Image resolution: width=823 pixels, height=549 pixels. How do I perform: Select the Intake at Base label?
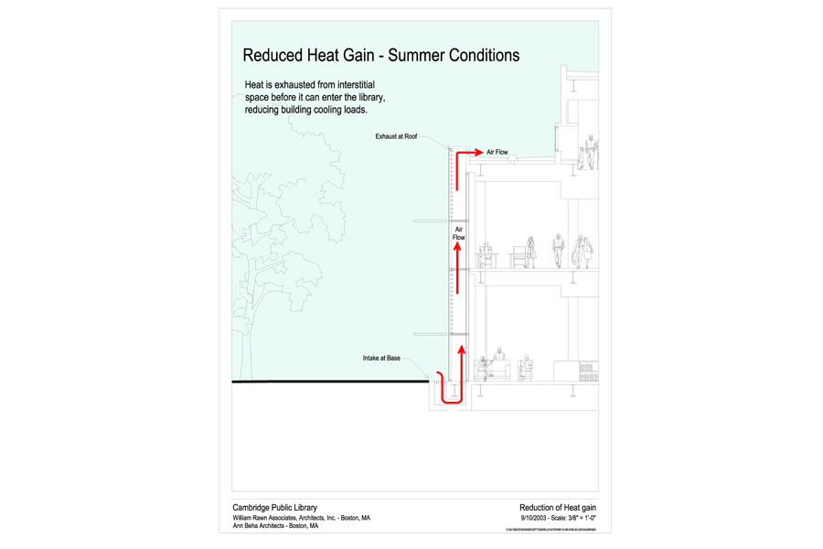pyautogui.click(x=380, y=359)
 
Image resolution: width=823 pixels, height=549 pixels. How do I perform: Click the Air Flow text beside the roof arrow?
pyautogui.click(x=497, y=152)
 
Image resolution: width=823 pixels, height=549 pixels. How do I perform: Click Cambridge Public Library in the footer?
pyautogui.click(x=273, y=507)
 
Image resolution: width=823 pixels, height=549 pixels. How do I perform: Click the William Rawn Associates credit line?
pyautogui.click(x=301, y=518)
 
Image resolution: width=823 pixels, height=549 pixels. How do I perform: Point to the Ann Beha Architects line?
pyautogui.click(x=275, y=526)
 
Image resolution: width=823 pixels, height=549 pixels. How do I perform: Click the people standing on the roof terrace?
pyautogui.click(x=590, y=152)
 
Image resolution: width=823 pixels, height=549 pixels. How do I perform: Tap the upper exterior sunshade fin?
pyautogui.click(x=432, y=221)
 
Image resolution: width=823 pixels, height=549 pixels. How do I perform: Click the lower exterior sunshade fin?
pyautogui.click(x=432, y=334)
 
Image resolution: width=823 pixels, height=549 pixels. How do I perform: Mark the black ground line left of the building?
pyautogui.click(x=329, y=381)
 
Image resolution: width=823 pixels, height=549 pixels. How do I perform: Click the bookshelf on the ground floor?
pyautogui.click(x=590, y=371)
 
